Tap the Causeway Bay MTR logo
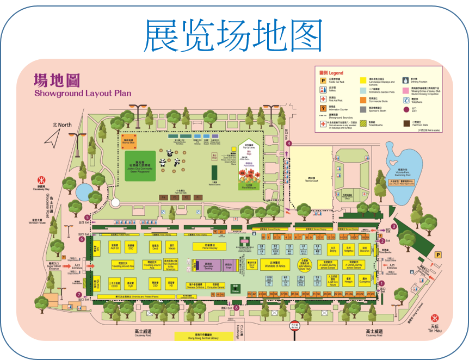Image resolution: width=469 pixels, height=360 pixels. coord(40,179)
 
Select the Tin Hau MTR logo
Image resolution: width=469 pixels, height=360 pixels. coord(434,318)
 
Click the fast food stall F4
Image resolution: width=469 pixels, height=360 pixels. coord(163,197)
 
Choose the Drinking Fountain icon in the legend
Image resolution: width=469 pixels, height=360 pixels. coord(406,80)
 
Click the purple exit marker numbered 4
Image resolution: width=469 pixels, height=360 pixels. coord(289,143)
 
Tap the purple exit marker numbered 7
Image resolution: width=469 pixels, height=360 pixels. coord(79,295)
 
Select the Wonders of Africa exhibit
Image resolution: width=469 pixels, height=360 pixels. coord(275,265)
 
